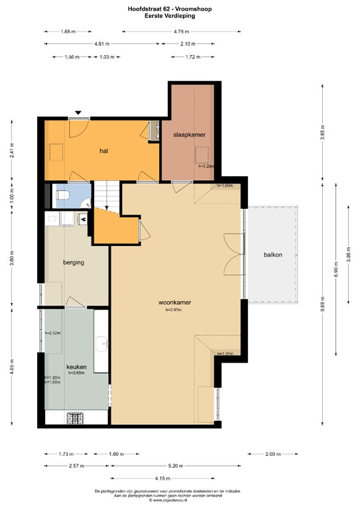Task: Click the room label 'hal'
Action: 103,151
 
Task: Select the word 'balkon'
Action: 273,254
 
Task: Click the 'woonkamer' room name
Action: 175,302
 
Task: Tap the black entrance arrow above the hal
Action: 79,113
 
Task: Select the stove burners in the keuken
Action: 77,418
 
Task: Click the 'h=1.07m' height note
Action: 226,353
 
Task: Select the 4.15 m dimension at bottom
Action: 175,478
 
